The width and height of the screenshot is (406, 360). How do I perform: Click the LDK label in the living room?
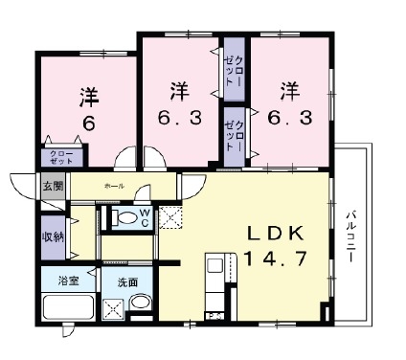click(x=277, y=233)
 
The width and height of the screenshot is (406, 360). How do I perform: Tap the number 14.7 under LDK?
click(x=278, y=259)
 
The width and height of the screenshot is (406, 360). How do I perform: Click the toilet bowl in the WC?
click(x=122, y=217)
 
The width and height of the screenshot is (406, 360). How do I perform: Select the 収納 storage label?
click(x=52, y=236)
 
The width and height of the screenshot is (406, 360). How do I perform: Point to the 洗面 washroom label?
click(x=127, y=283)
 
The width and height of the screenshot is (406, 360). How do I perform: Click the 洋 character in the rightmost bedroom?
click(x=290, y=91)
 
